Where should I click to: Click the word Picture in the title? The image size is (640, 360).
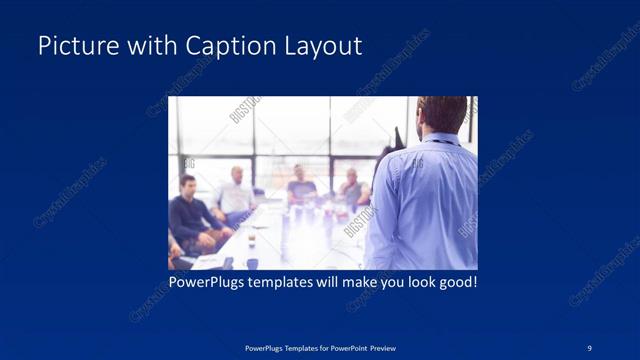[71, 46]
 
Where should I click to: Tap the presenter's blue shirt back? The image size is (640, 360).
[425, 205]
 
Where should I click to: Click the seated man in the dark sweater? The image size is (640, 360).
[188, 212]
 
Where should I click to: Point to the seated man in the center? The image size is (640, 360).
[302, 184]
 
